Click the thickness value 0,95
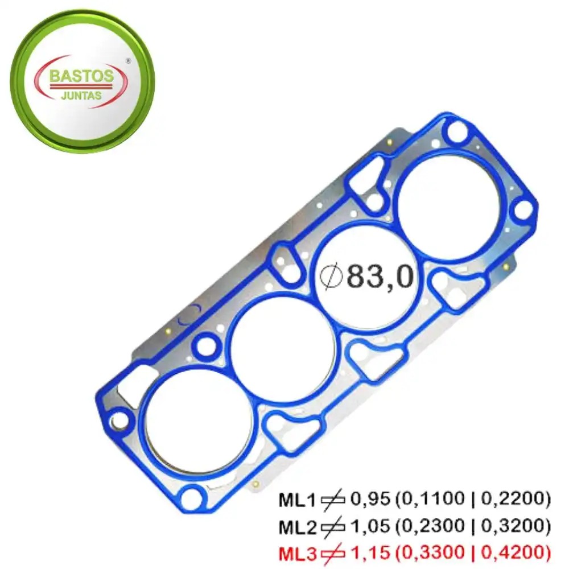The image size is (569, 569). point(370,500)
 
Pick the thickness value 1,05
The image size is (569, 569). point(370,526)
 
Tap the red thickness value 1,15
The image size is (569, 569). point(370,551)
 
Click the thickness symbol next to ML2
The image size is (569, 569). point(332,526)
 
